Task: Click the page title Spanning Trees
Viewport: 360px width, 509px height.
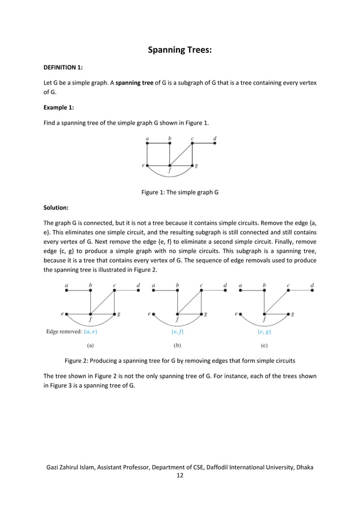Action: click(x=179, y=51)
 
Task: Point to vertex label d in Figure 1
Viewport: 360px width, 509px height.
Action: click(x=214, y=138)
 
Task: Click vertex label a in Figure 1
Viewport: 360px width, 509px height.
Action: click(x=147, y=138)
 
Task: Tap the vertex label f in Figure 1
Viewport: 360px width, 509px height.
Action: click(x=170, y=172)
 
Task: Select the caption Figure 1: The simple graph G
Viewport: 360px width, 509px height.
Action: click(x=179, y=192)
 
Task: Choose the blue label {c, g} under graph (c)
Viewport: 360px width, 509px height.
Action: click(x=264, y=332)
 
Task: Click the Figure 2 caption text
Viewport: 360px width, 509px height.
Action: click(x=179, y=361)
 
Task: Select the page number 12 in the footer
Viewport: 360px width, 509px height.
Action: click(x=179, y=476)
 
